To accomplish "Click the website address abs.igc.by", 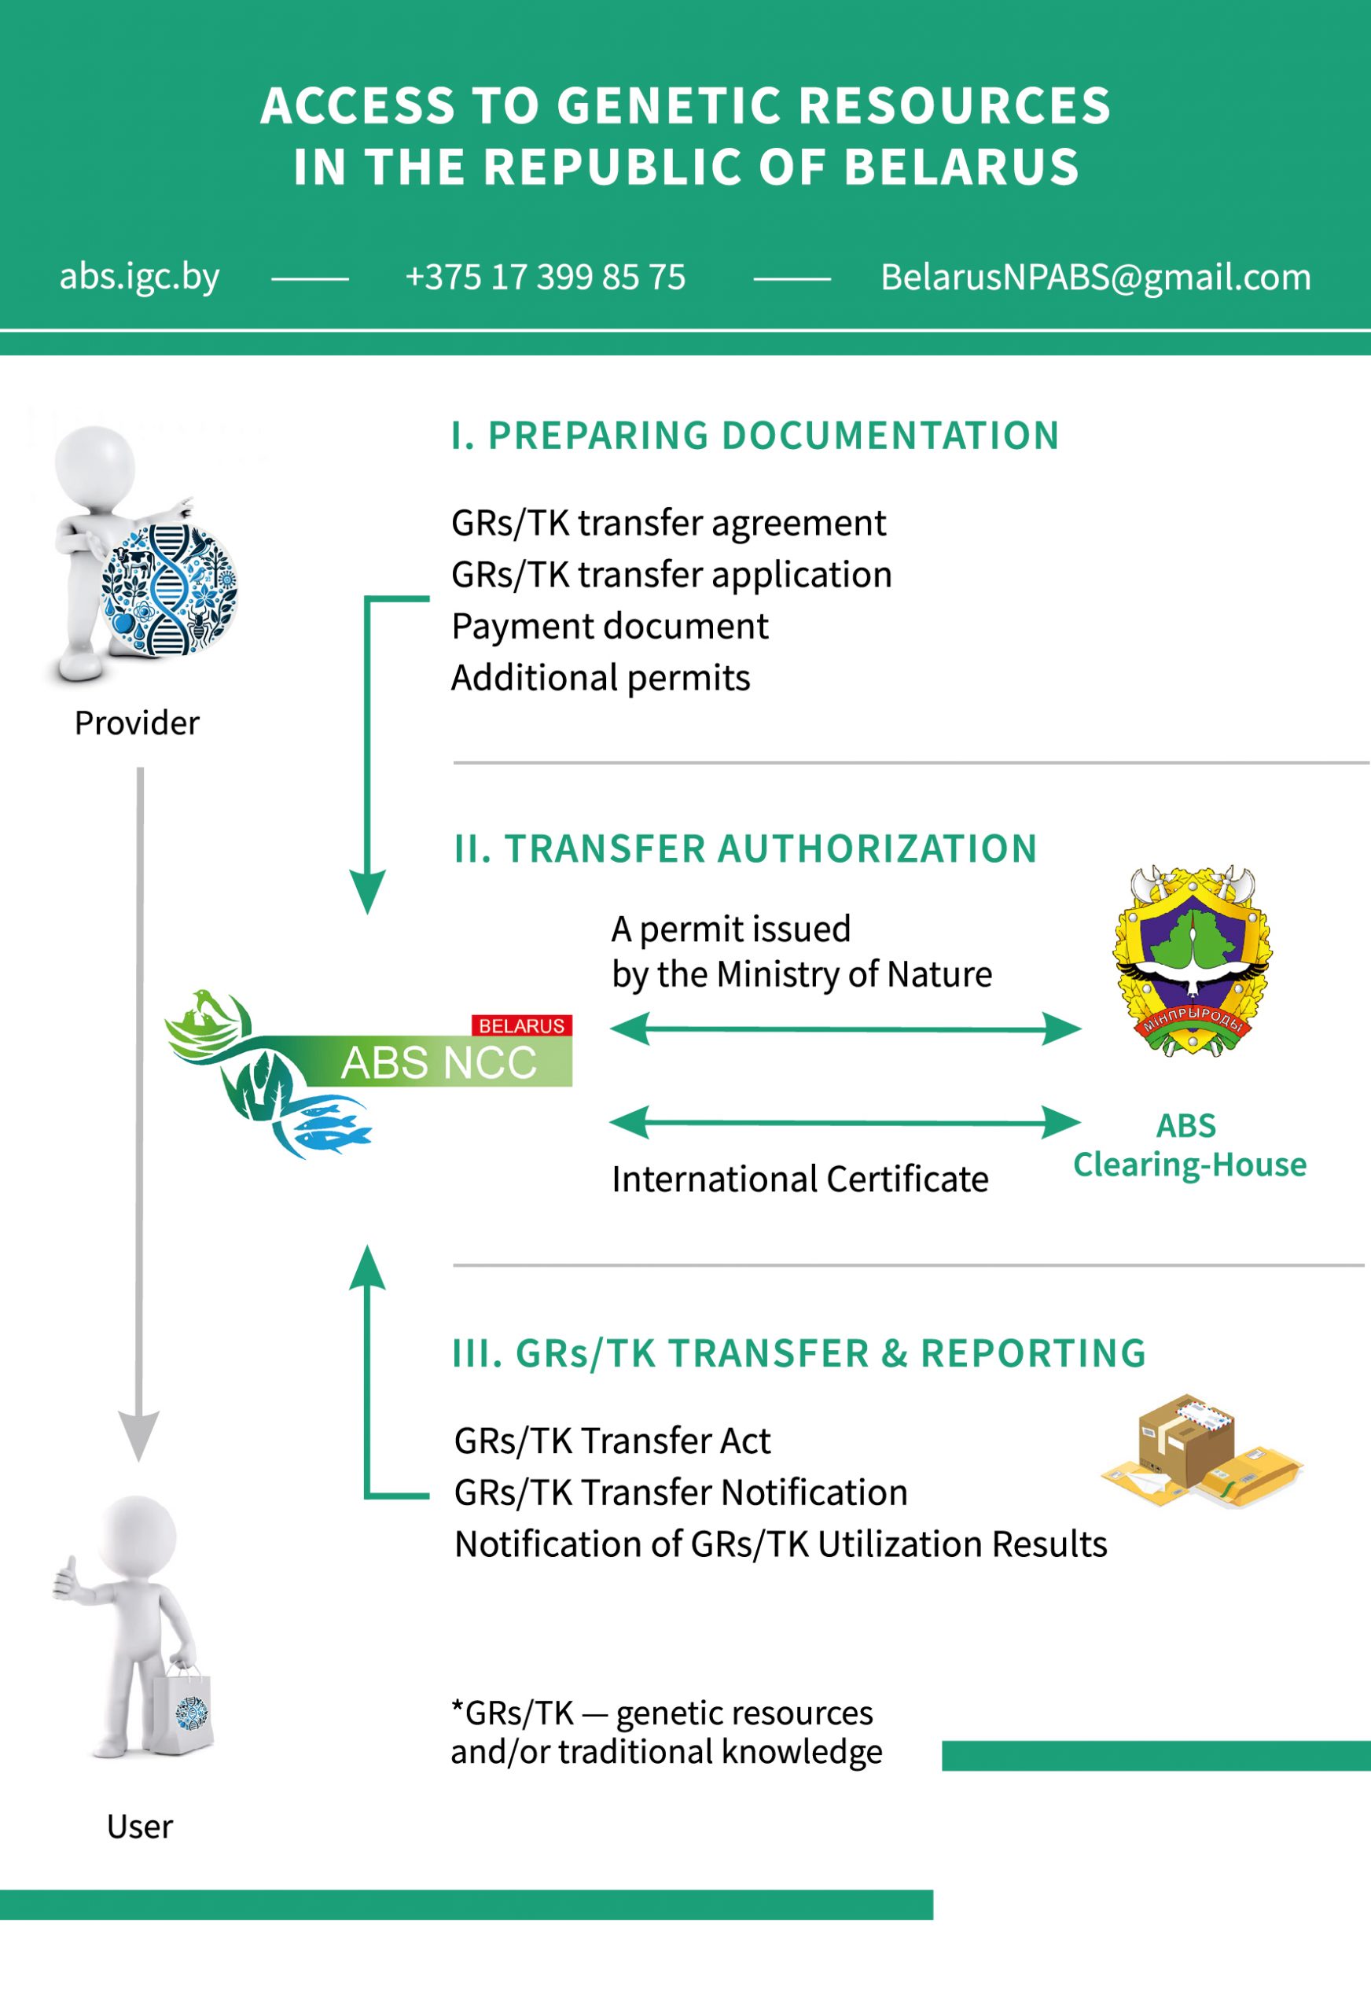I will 138,277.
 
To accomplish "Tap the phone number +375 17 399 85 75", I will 545,277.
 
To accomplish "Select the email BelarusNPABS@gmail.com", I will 1095,277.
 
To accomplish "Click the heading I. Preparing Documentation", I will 755,435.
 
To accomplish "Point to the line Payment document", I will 610,626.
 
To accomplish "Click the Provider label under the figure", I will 137,723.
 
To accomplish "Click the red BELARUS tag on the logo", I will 521,1025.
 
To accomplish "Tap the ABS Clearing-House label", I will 1189,1144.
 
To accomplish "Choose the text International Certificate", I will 799,1179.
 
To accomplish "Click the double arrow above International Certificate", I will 845,1123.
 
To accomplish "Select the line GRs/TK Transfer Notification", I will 681,1492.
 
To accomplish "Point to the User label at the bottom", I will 139,1826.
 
